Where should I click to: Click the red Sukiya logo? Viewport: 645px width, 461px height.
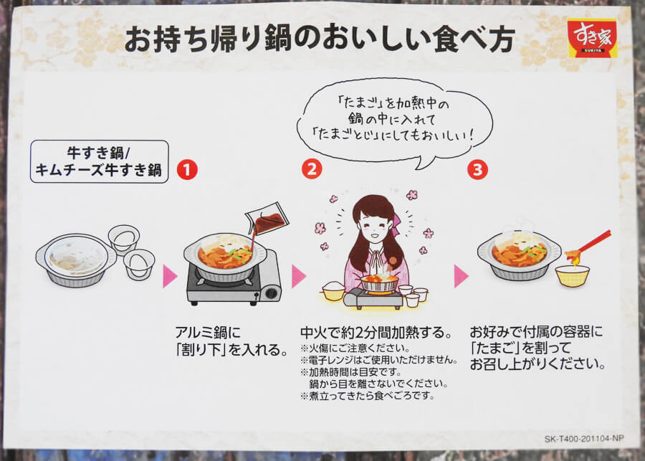click(x=592, y=37)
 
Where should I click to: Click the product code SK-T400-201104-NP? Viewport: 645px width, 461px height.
click(x=583, y=437)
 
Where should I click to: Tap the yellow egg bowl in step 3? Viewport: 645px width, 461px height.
click(x=572, y=275)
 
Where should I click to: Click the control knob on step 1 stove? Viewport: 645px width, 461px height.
click(x=272, y=293)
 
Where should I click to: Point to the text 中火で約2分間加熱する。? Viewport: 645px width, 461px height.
click(x=376, y=333)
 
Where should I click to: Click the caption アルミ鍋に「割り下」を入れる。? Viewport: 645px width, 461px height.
click(x=223, y=341)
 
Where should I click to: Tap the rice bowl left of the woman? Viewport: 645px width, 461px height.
click(x=334, y=290)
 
